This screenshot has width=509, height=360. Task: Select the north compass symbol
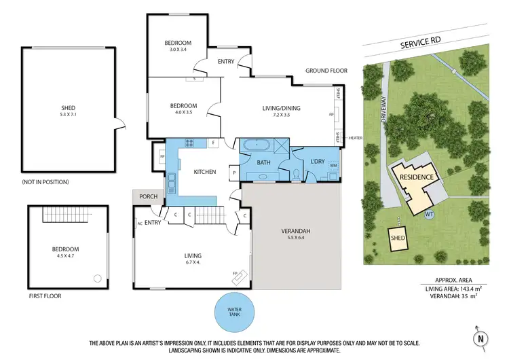coord(479,337)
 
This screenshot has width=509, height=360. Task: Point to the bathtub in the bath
coord(255,145)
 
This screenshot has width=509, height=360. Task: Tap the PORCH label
coord(148,197)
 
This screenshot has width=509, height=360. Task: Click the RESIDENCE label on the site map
coord(416,177)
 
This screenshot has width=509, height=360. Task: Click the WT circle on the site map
coord(429,215)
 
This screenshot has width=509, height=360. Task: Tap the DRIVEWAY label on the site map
coord(384,115)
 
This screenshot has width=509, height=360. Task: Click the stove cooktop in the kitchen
coord(187,143)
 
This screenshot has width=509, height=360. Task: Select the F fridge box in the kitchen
coord(213,143)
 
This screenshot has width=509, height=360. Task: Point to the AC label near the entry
coord(140,223)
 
